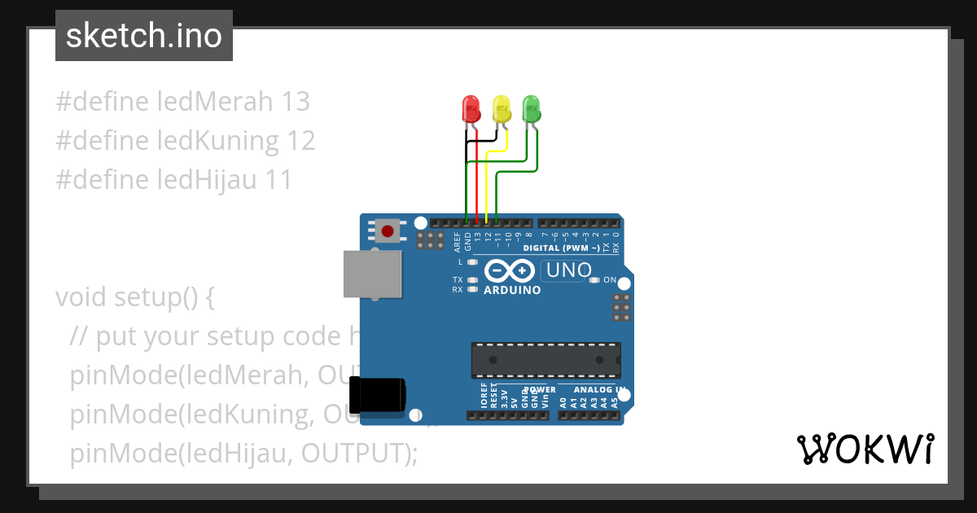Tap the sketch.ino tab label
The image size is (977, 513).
(144, 36)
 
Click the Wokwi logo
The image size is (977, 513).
(864, 449)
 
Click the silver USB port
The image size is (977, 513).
(372, 274)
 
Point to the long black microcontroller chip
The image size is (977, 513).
(545, 360)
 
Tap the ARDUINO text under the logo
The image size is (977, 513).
(512, 290)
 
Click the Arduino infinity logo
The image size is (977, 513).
(510, 270)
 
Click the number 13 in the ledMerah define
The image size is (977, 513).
(295, 102)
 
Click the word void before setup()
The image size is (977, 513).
(81, 297)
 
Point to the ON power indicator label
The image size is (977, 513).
(610, 279)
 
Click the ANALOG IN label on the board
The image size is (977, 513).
(593, 390)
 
